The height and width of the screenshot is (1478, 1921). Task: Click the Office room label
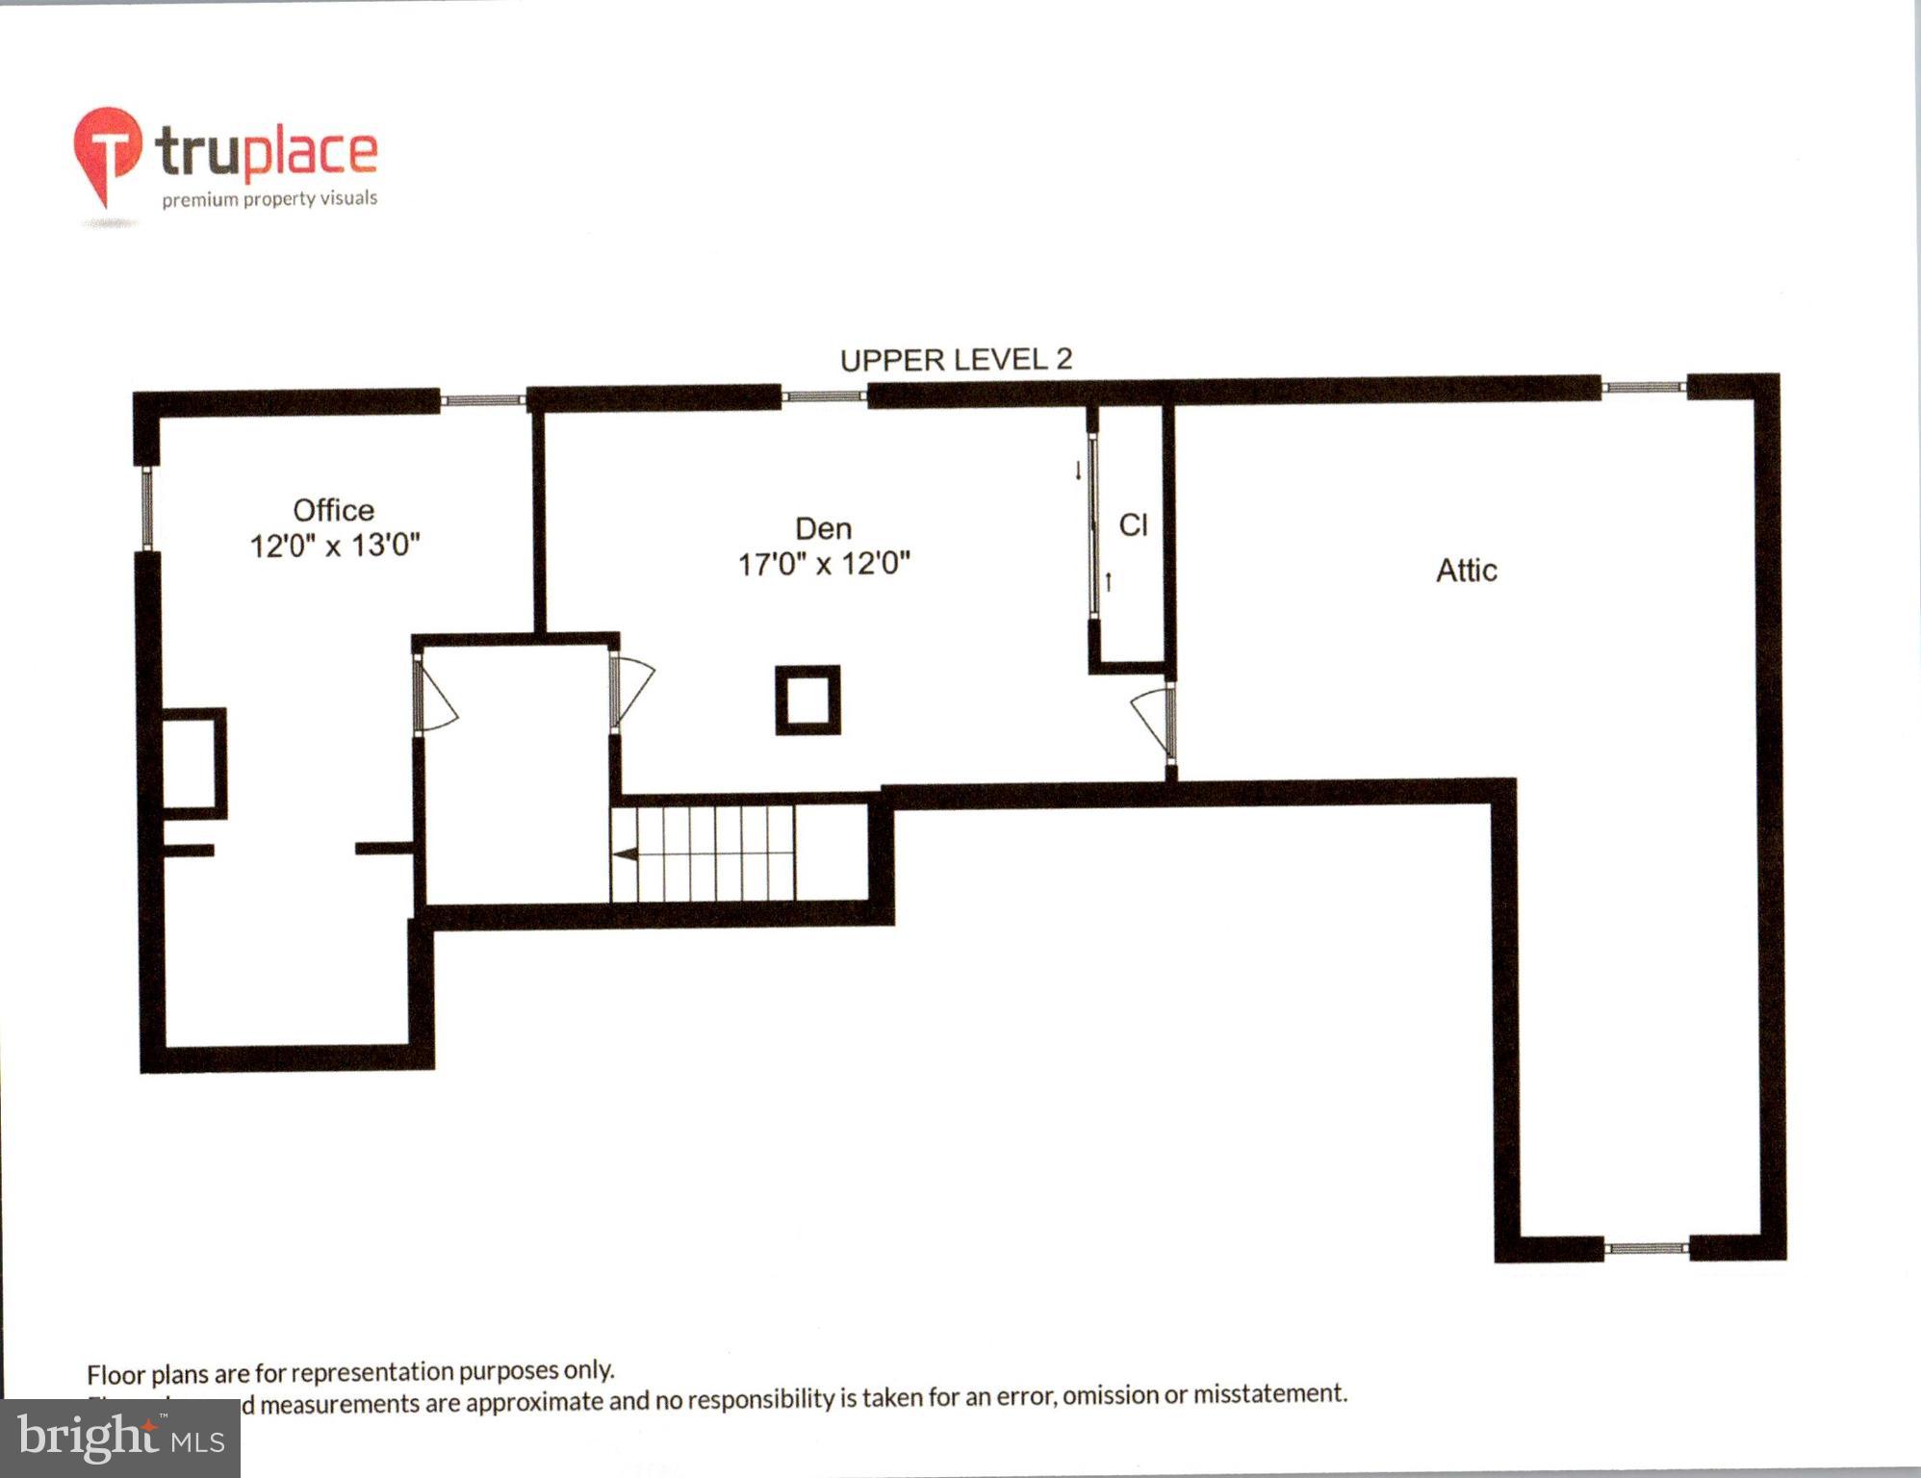[333, 510]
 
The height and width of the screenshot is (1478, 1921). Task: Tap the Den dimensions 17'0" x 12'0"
[824, 564]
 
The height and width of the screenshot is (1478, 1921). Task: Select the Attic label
[1466, 571]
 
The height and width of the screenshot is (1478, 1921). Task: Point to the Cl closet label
[1133, 525]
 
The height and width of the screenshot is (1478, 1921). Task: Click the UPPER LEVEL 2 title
[956, 360]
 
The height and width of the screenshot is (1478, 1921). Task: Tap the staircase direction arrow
[626, 854]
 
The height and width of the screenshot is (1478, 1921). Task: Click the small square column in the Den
[807, 701]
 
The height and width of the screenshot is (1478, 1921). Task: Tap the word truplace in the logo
[267, 152]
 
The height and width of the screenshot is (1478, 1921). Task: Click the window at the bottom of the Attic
[1646, 1249]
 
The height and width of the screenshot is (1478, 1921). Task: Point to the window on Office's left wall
[147, 508]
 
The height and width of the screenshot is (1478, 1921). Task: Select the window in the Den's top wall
[824, 395]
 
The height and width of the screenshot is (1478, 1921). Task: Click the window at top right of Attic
[1644, 388]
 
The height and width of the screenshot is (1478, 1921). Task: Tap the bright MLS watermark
[119, 1439]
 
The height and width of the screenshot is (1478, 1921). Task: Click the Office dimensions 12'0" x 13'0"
[335, 546]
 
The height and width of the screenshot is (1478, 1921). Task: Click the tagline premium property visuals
[269, 199]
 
